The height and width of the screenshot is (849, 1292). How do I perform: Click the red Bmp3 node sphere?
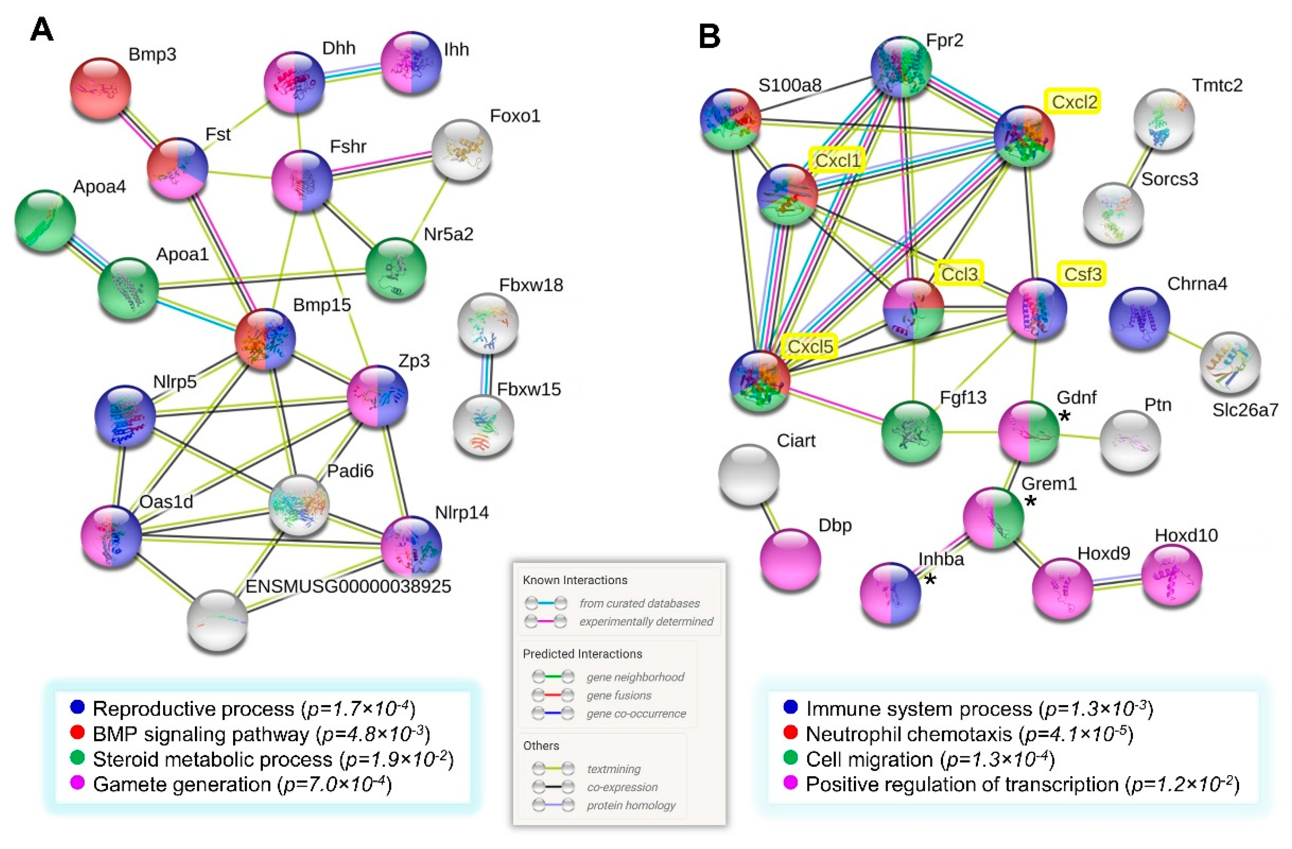[100, 88]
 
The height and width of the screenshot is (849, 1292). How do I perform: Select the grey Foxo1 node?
[462, 150]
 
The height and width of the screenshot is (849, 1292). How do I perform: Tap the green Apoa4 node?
[45, 220]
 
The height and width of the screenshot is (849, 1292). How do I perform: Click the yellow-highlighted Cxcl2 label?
[1074, 102]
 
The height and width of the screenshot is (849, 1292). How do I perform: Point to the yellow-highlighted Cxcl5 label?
[810, 346]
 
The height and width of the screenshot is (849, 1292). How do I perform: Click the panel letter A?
[42, 30]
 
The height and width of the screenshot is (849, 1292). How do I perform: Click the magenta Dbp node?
[790, 559]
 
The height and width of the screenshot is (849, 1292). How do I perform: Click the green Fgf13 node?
[911, 432]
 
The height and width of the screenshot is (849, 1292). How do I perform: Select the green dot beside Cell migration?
[790, 758]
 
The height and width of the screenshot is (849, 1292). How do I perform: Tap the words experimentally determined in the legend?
[646, 621]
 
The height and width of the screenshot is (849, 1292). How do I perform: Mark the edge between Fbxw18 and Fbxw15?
[487, 375]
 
